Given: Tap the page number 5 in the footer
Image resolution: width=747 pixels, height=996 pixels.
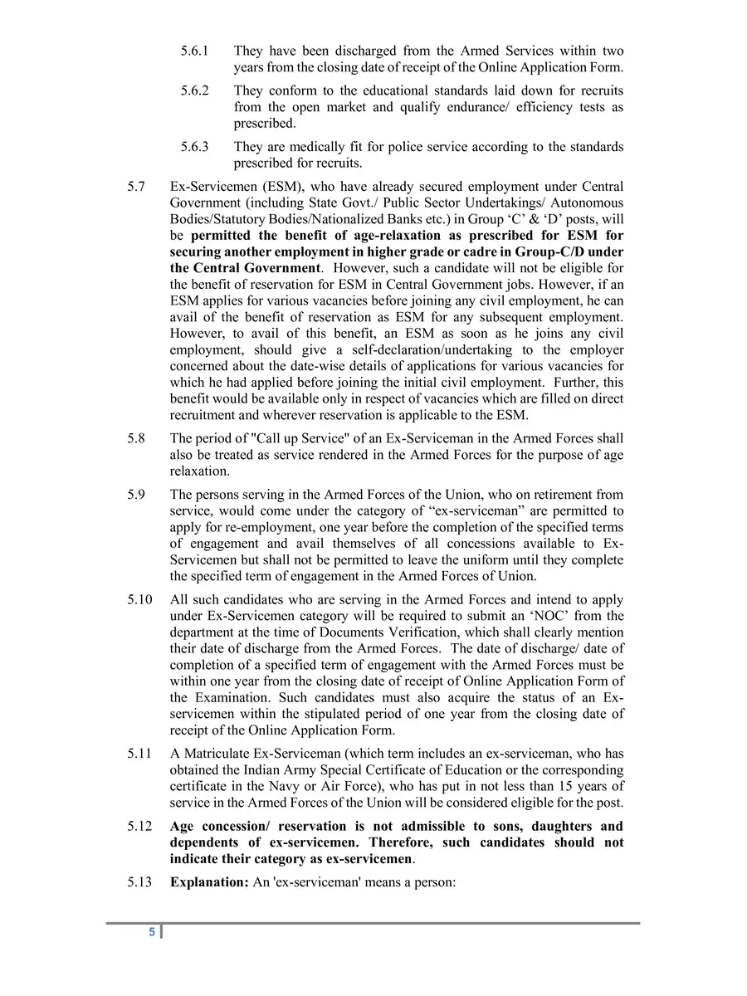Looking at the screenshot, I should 152,932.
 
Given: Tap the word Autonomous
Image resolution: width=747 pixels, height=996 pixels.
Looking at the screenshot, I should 586,203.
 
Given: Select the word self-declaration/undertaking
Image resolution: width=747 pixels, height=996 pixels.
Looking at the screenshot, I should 389,350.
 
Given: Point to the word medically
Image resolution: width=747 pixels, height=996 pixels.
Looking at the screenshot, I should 310,147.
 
